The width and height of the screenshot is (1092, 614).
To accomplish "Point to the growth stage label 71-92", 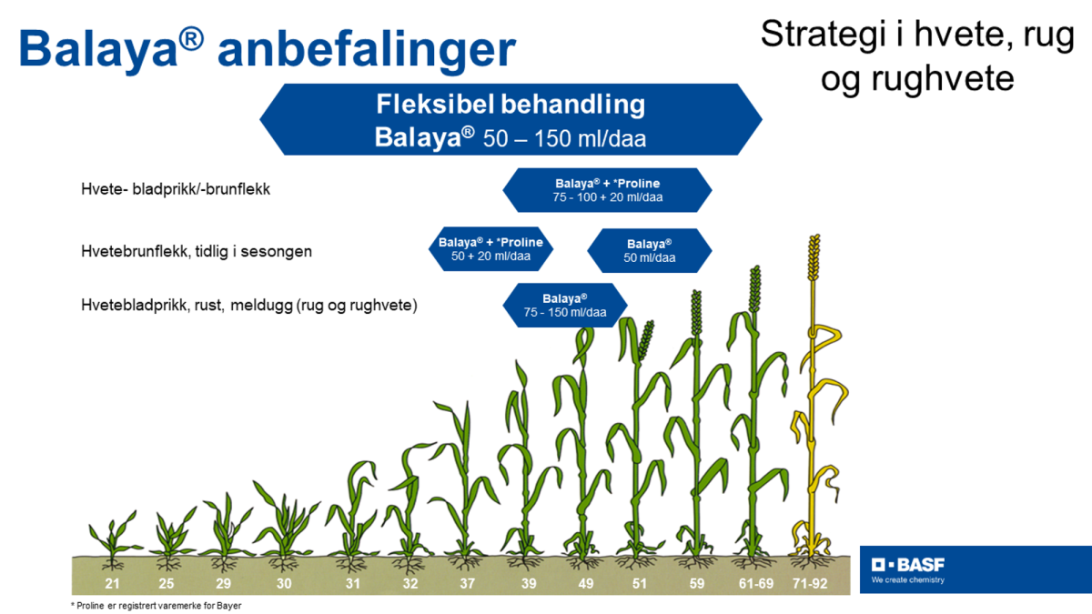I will [x=810, y=582].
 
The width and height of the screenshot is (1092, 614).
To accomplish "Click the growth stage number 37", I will [x=467, y=582].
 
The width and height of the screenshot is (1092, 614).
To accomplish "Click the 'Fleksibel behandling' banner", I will [x=511, y=119].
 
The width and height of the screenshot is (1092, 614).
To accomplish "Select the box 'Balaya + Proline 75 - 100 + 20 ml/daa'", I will [x=607, y=190].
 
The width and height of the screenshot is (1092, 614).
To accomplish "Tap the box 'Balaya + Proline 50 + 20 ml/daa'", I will [x=490, y=249].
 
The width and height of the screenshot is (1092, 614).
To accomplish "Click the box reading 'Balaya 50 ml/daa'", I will [x=649, y=250].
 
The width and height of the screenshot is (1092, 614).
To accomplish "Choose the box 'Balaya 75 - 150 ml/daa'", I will [x=565, y=305].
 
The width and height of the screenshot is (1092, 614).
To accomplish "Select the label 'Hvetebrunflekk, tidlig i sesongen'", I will [x=196, y=250].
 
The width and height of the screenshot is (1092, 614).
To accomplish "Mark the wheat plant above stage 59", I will [x=697, y=428].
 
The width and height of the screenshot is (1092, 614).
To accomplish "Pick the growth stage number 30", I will [x=284, y=582].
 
